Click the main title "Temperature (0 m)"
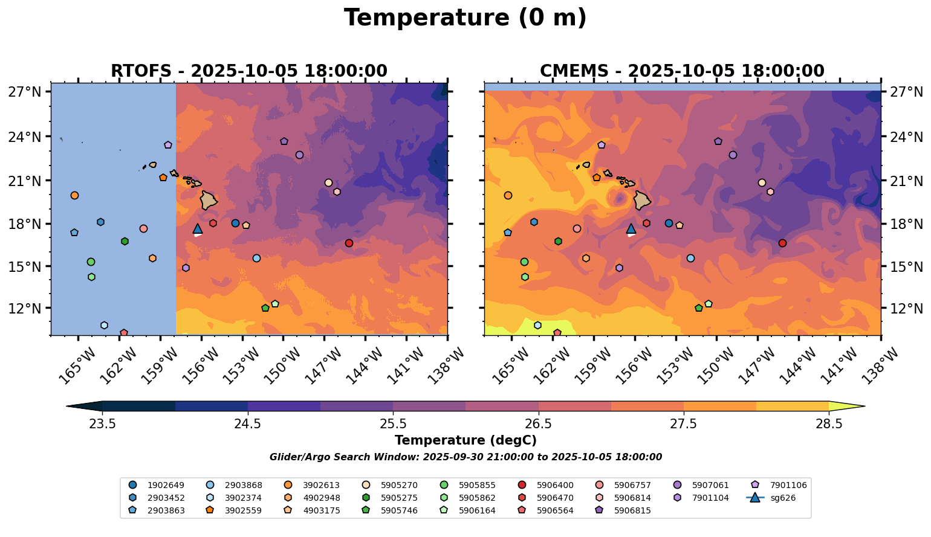[465, 18]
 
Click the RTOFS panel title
[248, 71]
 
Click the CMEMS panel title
[682, 71]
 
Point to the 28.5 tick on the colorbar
[829, 423]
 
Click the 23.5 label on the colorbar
[102, 423]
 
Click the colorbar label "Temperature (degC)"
[465, 440]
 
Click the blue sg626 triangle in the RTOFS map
[198, 228]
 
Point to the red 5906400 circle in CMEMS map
[782, 243]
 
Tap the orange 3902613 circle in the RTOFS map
[74, 195]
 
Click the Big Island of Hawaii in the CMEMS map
[642, 200]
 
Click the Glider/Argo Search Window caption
[465, 457]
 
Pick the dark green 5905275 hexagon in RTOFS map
[125, 241]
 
